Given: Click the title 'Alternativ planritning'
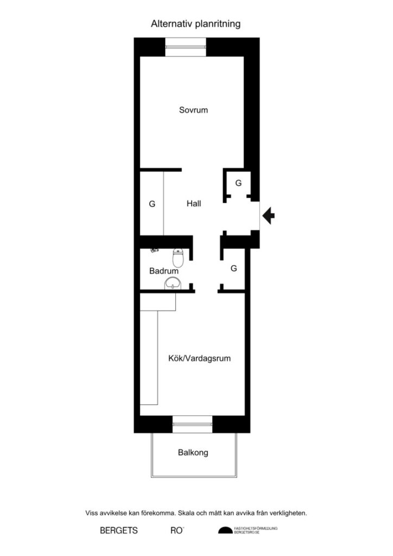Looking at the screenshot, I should pyautogui.click(x=195, y=24).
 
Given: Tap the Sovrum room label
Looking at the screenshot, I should pyautogui.click(x=194, y=110).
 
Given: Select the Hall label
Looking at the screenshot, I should pyautogui.click(x=194, y=204).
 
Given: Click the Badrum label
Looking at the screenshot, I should pyautogui.click(x=164, y=270).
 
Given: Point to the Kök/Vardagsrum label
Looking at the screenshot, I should pyautogui.click(x=200, y=358).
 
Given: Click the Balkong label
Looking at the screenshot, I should pyautogui.click(x=193, y=452).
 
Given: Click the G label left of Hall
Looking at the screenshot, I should pyautogui.click(x=152, y=204).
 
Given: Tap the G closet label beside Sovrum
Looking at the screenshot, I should pyautogui.click(x=238, y=184).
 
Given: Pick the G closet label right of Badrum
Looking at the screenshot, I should pyautogui.click(x=234, y=268).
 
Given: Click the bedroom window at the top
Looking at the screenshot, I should pyautogui.click(x=186, y=47).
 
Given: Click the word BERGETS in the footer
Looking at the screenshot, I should pyautogui.click(x=118, y=530).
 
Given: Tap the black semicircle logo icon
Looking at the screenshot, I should pyautogui.click(x=224, y=530).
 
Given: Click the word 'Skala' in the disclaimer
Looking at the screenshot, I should pyautogui.click(x=205, y=513).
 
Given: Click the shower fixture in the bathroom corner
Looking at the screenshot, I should pyautogui.click(x=154, y=251).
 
